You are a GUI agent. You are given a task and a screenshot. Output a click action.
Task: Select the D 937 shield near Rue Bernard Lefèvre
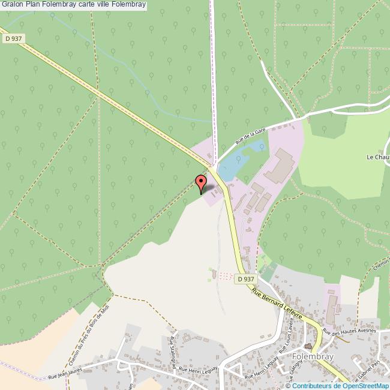click(x=245, y=279)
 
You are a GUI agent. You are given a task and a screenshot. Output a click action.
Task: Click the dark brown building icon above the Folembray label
click(x=308, y=346)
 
